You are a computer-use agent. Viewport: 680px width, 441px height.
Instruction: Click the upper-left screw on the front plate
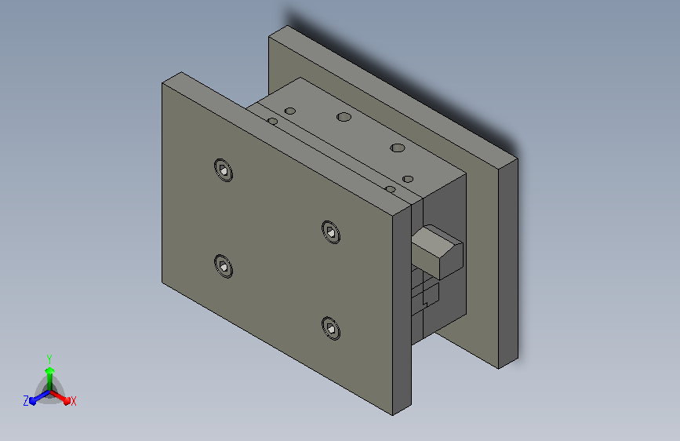[224, 170]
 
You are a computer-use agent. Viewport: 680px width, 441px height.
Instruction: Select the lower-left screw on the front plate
[224, 266]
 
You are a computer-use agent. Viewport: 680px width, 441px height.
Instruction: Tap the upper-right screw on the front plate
[331, 232]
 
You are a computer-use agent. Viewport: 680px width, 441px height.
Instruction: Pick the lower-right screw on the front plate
[331, 329]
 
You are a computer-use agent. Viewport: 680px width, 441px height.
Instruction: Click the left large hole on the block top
[344, 117]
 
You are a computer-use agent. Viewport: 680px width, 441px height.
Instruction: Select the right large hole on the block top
[397, 148]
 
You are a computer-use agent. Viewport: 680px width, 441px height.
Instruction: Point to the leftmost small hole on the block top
[272, 121]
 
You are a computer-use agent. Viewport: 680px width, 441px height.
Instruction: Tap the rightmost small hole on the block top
[408, 179]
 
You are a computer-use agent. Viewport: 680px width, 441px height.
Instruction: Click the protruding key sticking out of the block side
[437, 252]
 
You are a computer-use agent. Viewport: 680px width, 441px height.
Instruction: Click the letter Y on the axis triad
[49, 359]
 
